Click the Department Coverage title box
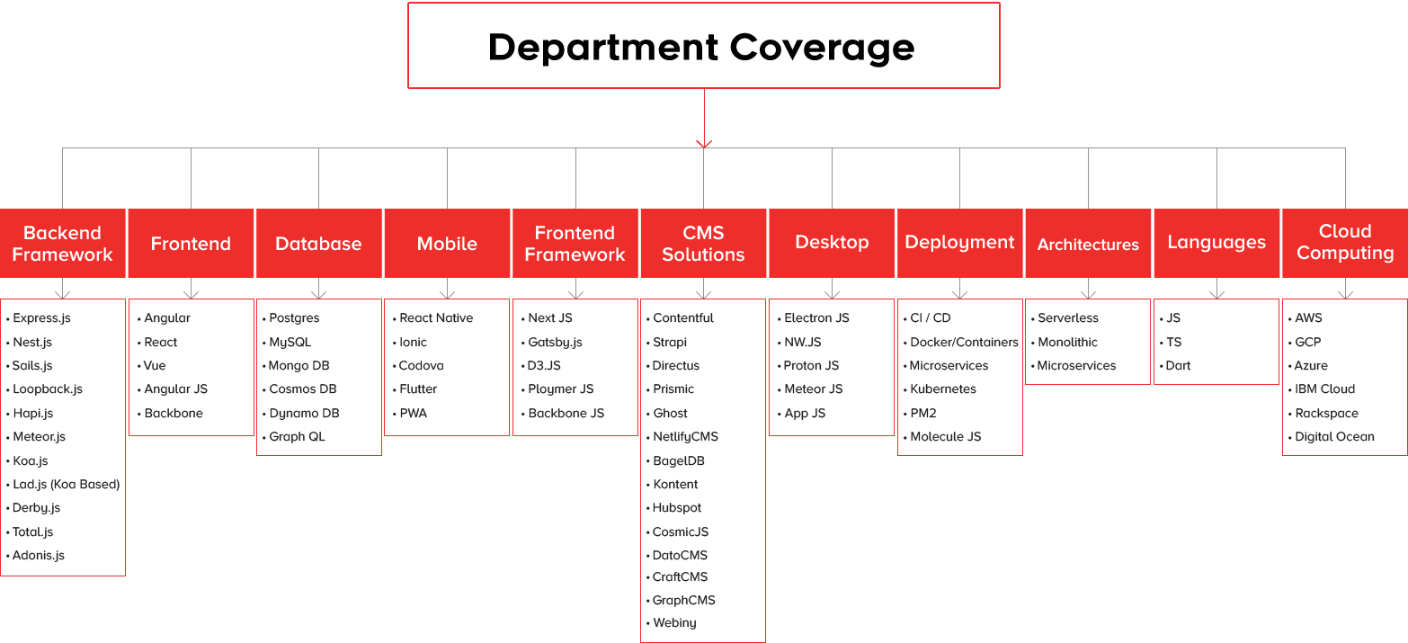[703, 45]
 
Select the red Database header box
[318, 243]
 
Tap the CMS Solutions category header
[703, 243]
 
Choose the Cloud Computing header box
[1345, 243]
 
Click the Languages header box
[1216, 243]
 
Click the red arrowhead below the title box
[704, 144]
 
